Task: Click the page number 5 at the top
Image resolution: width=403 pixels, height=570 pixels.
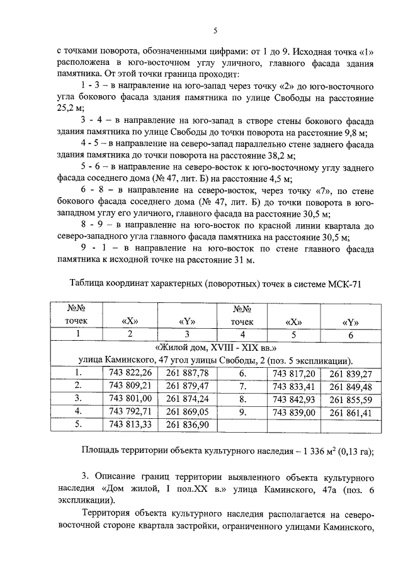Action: point(215,31)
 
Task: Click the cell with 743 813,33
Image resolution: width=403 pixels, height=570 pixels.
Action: point(130,425)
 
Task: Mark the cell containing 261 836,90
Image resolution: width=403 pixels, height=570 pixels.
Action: point(187,425)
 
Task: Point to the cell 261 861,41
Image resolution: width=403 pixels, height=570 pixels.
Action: point(351,412)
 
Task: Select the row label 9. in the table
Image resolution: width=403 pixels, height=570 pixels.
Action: point(242,412)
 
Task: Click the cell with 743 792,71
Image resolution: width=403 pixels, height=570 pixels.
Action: point(130,412)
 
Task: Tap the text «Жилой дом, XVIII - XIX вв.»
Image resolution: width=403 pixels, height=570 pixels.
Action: point(217,347)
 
